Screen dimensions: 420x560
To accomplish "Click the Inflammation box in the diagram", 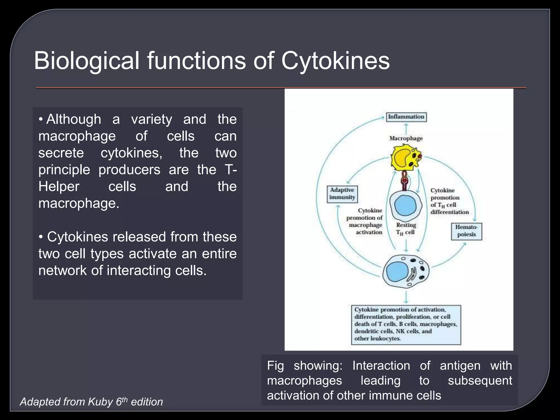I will (406, 117).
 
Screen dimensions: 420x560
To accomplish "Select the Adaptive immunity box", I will (342, 194).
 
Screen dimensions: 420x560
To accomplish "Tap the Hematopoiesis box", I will (466, 231).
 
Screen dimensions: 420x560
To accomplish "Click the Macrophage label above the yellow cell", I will (406, 138).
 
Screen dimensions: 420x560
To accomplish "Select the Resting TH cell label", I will (406, 229).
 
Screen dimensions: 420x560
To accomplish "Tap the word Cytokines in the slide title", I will (336, 60).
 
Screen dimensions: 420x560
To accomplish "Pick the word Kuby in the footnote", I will (100, 402).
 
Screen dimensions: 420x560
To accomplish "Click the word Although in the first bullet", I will (74, 119).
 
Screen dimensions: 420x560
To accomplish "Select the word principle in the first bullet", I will (64, 170).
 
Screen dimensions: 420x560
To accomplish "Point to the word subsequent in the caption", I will (480, 381).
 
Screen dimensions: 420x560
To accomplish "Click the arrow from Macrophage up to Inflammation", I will (406, 129).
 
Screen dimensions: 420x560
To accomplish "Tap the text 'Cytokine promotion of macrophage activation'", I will (365, 221).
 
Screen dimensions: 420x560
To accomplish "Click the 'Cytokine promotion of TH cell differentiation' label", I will (449, 201).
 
